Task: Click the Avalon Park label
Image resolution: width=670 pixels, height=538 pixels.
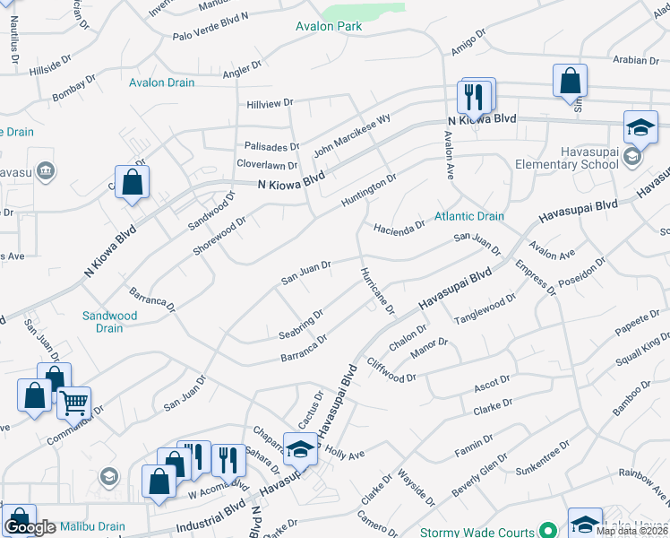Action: (329, 26)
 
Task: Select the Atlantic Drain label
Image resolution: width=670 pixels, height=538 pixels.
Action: (468, 216)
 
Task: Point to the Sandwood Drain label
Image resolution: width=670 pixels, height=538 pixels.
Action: (109, 322)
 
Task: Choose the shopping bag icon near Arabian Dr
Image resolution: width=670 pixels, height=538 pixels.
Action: (570, 82)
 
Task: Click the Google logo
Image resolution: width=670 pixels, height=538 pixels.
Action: (30, 527)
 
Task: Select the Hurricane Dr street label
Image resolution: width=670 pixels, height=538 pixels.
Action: (377, 291)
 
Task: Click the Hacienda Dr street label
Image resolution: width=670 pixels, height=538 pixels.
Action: (399, 228)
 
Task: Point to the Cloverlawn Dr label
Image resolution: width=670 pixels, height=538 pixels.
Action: (266, 165)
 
